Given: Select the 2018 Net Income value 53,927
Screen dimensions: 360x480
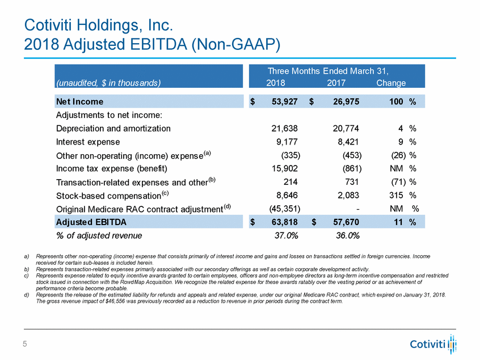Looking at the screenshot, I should [282, 102].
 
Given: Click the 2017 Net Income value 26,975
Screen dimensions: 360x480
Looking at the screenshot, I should [343, 102].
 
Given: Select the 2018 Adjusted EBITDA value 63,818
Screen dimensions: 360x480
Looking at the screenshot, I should [283, 222].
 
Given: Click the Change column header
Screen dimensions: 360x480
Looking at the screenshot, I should [391, 83].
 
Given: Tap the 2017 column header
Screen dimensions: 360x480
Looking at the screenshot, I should [338, 83].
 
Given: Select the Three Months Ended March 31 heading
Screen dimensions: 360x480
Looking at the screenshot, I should [336, 71].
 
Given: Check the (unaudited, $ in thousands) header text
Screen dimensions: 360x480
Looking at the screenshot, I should [108, 83].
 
